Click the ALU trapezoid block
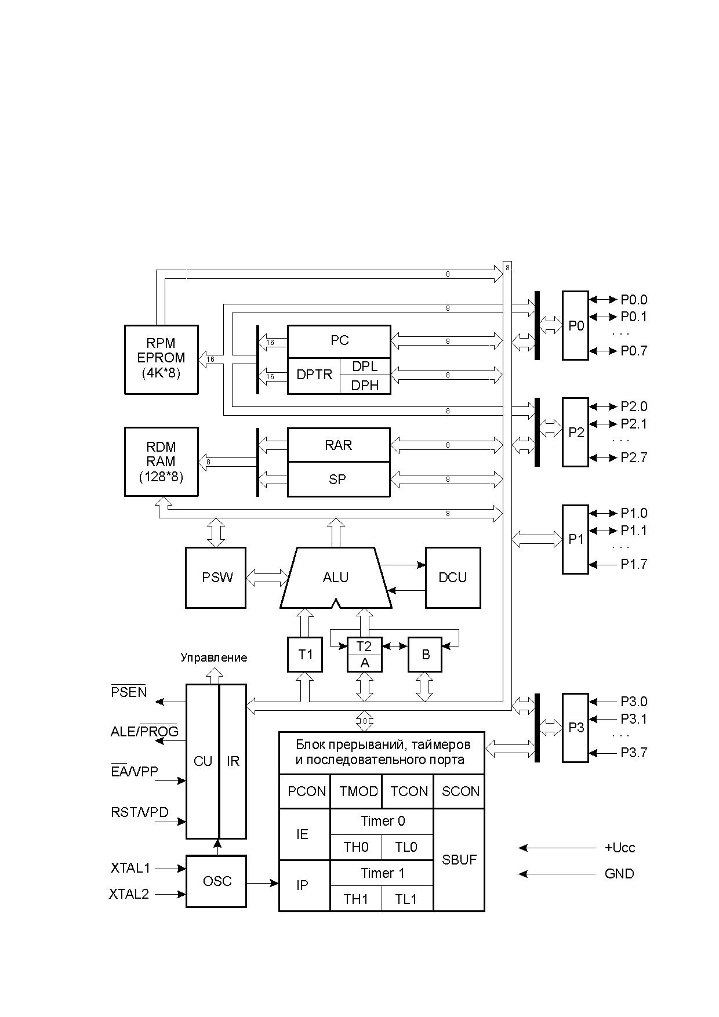(x=336, y=577)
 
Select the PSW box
(x=216, y=577)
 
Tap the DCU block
(x=453, y=577)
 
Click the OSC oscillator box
(x=216, y=881)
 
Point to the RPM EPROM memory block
(x=161, y=359)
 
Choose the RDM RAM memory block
(x=161, y=462)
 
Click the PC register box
(x=339, y=342)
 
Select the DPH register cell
(x=365, y=385)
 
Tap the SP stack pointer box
(x=339, y=480)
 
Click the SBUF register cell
(x=459, y=860)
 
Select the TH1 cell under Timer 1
(x=356, y=899)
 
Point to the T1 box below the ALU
(x=305, y=655)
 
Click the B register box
(x=425, y=655)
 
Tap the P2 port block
(x=575, y=432)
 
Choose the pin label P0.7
(x=634, y=351)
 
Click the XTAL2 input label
(x=129, y=894)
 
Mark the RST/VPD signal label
(x=140, y=812)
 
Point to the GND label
(x=619, y=874)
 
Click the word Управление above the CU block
(x=213, y=658)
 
